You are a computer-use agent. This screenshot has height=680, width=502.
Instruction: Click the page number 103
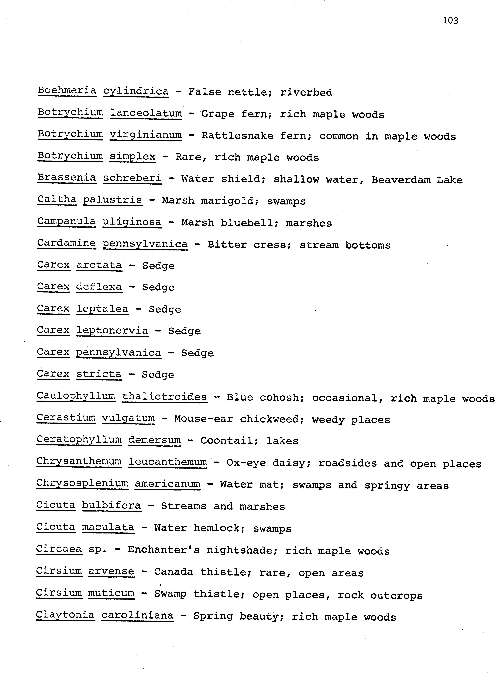click(450, 20)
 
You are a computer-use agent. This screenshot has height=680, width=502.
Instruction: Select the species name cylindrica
click(136, 91)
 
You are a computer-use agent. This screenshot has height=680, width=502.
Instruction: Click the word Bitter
click(227, 245)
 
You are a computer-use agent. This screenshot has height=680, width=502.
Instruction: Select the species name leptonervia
click(112, 331)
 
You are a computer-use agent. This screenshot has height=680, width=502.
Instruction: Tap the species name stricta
click(99, 374)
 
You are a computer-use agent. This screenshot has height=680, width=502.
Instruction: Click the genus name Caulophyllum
click(76, 396)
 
